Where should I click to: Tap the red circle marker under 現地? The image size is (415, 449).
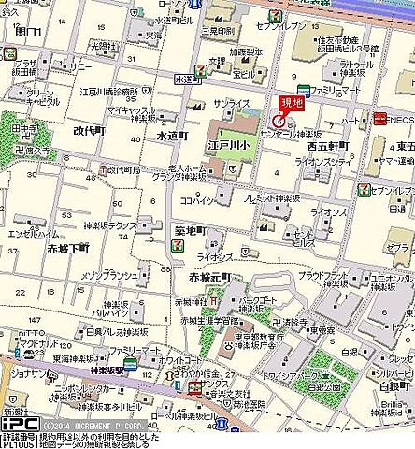pos(279,120)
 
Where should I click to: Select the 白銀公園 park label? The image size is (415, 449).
pos(324,386)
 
